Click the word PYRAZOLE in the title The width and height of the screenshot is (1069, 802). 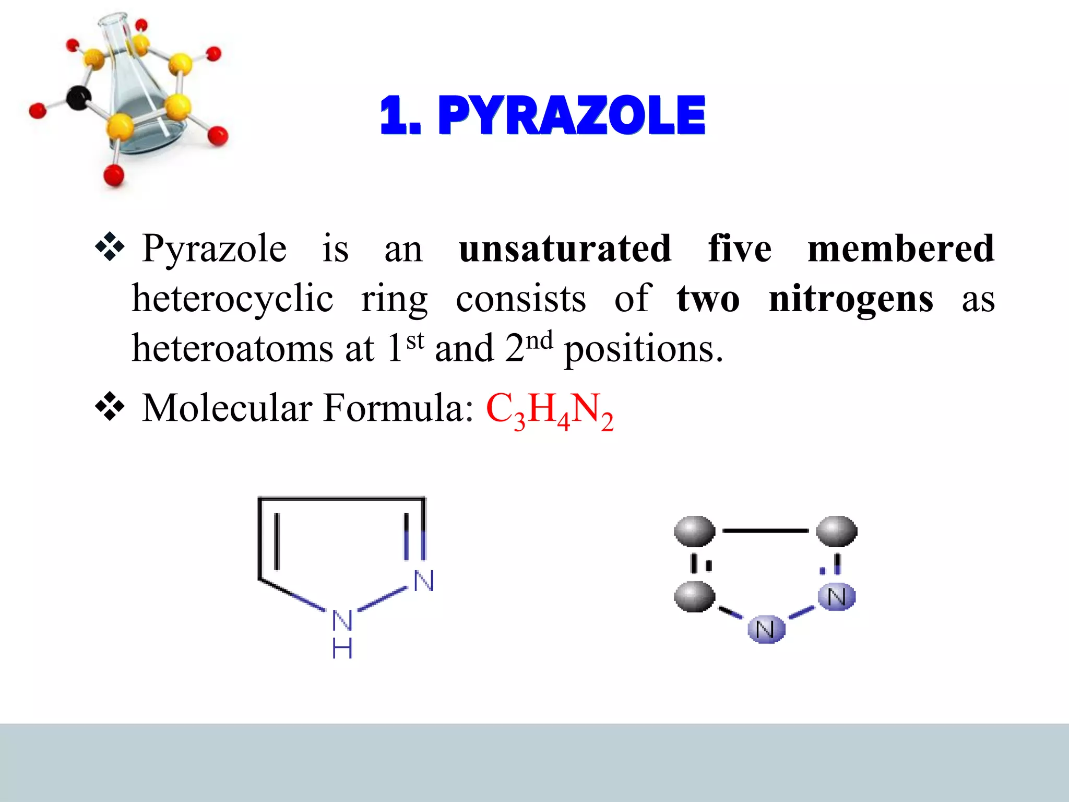pos(571,115)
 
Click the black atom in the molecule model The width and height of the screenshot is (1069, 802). pos(79,98)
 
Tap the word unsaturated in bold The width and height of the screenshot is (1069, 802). pos(565,249)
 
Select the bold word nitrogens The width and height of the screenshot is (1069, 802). pos(851,299)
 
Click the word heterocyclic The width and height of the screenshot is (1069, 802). pos(232,299)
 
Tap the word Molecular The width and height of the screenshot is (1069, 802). pos(227,408)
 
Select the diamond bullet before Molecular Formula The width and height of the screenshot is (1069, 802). pos(110,407)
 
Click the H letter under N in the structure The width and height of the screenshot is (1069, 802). pos(342,649)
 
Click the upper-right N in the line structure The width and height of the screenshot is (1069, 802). pos(423,581)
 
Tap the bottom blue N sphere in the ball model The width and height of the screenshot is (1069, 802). pos(766,629)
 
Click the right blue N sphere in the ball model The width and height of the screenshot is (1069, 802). pos(836,597)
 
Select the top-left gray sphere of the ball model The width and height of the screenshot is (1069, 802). pos(694,532)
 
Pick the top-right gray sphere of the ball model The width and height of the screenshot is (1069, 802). pos(836,532)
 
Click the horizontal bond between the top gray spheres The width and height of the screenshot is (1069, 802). pos(765,530)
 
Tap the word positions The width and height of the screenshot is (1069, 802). pos(644,349)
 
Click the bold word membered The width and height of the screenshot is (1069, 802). pos(900,249)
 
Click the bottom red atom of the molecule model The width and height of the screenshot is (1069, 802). pos(114,175)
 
